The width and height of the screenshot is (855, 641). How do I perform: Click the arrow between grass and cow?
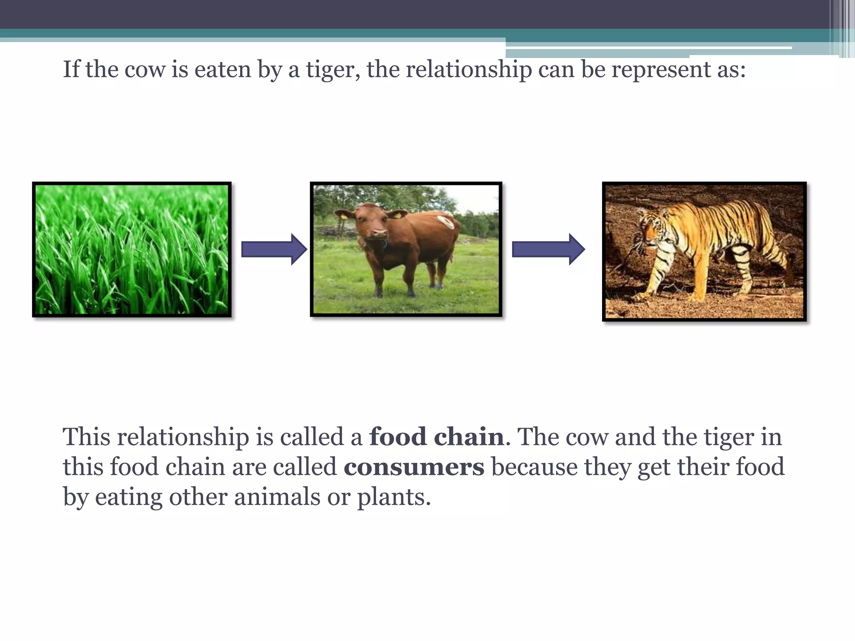coord(274,250)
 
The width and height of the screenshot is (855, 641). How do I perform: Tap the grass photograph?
coord(132,250)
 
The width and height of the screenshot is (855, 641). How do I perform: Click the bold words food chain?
coord(436,437)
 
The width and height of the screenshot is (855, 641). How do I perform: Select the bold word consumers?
coord(414,467)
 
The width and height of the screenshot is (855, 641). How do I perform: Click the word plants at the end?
coord(393,497)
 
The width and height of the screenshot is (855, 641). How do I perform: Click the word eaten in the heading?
coord(223,69)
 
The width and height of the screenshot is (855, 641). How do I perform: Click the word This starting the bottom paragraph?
coord(86,437)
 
